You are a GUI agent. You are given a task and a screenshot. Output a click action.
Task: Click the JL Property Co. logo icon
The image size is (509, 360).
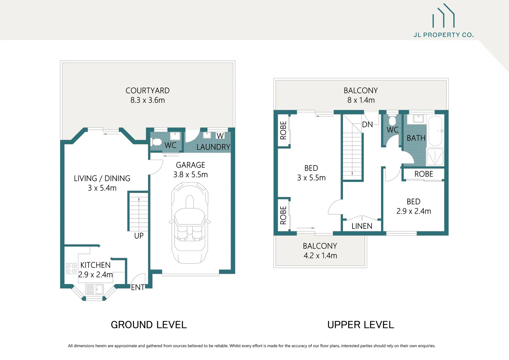tap(443, 16)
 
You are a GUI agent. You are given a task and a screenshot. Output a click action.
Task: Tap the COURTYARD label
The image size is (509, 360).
tap(148, 91)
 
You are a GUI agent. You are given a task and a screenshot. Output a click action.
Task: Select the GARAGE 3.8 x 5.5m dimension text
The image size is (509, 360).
tap(191, 175)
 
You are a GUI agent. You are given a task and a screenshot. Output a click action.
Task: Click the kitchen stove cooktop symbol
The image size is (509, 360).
tap(71, 269)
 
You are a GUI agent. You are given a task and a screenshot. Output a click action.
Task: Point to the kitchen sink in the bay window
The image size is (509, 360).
tap(95, 289)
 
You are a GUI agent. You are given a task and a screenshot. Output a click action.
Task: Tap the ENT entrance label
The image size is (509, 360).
tap(138, 287)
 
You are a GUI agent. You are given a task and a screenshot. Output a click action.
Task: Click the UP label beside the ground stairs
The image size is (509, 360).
tap(139, 236)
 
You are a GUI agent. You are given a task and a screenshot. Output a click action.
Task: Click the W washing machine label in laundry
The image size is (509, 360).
tap(220, 136)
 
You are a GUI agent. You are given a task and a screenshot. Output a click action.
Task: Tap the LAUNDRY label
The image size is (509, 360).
tap(213, 147)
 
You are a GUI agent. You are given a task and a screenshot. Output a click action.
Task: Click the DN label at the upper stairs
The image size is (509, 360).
tap(367, 125)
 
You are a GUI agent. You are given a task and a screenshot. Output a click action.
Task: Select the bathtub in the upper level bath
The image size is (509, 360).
tap(436, 130)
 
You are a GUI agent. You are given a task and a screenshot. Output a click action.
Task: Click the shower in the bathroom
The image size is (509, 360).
tap(435, 157)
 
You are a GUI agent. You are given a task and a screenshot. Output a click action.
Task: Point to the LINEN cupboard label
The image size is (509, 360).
tap(362, 226)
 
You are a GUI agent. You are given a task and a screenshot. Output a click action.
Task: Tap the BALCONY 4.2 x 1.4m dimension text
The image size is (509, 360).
tap(320, 256)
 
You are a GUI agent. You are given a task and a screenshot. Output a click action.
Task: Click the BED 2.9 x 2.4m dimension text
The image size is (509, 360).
tap(413, 211)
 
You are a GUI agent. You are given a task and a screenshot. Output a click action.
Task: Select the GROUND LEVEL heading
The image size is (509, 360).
tap(149, 325)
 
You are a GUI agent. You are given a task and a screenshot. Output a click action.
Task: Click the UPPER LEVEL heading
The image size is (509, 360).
tap(360, 325)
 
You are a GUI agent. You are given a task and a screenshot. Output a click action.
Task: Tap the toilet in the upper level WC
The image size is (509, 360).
tap(392, 120)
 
